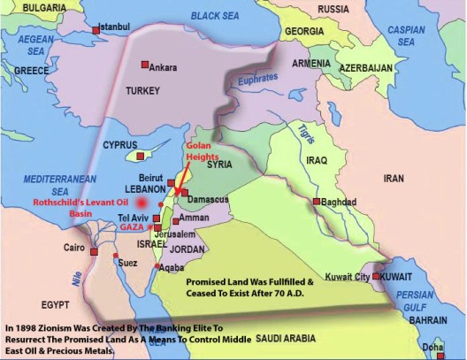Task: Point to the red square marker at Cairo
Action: click(x=95, y=253)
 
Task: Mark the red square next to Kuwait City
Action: click(x=377, y=277)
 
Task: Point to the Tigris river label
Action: click(x=304, y=132)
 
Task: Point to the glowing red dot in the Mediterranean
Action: click(x=141, y=202)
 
